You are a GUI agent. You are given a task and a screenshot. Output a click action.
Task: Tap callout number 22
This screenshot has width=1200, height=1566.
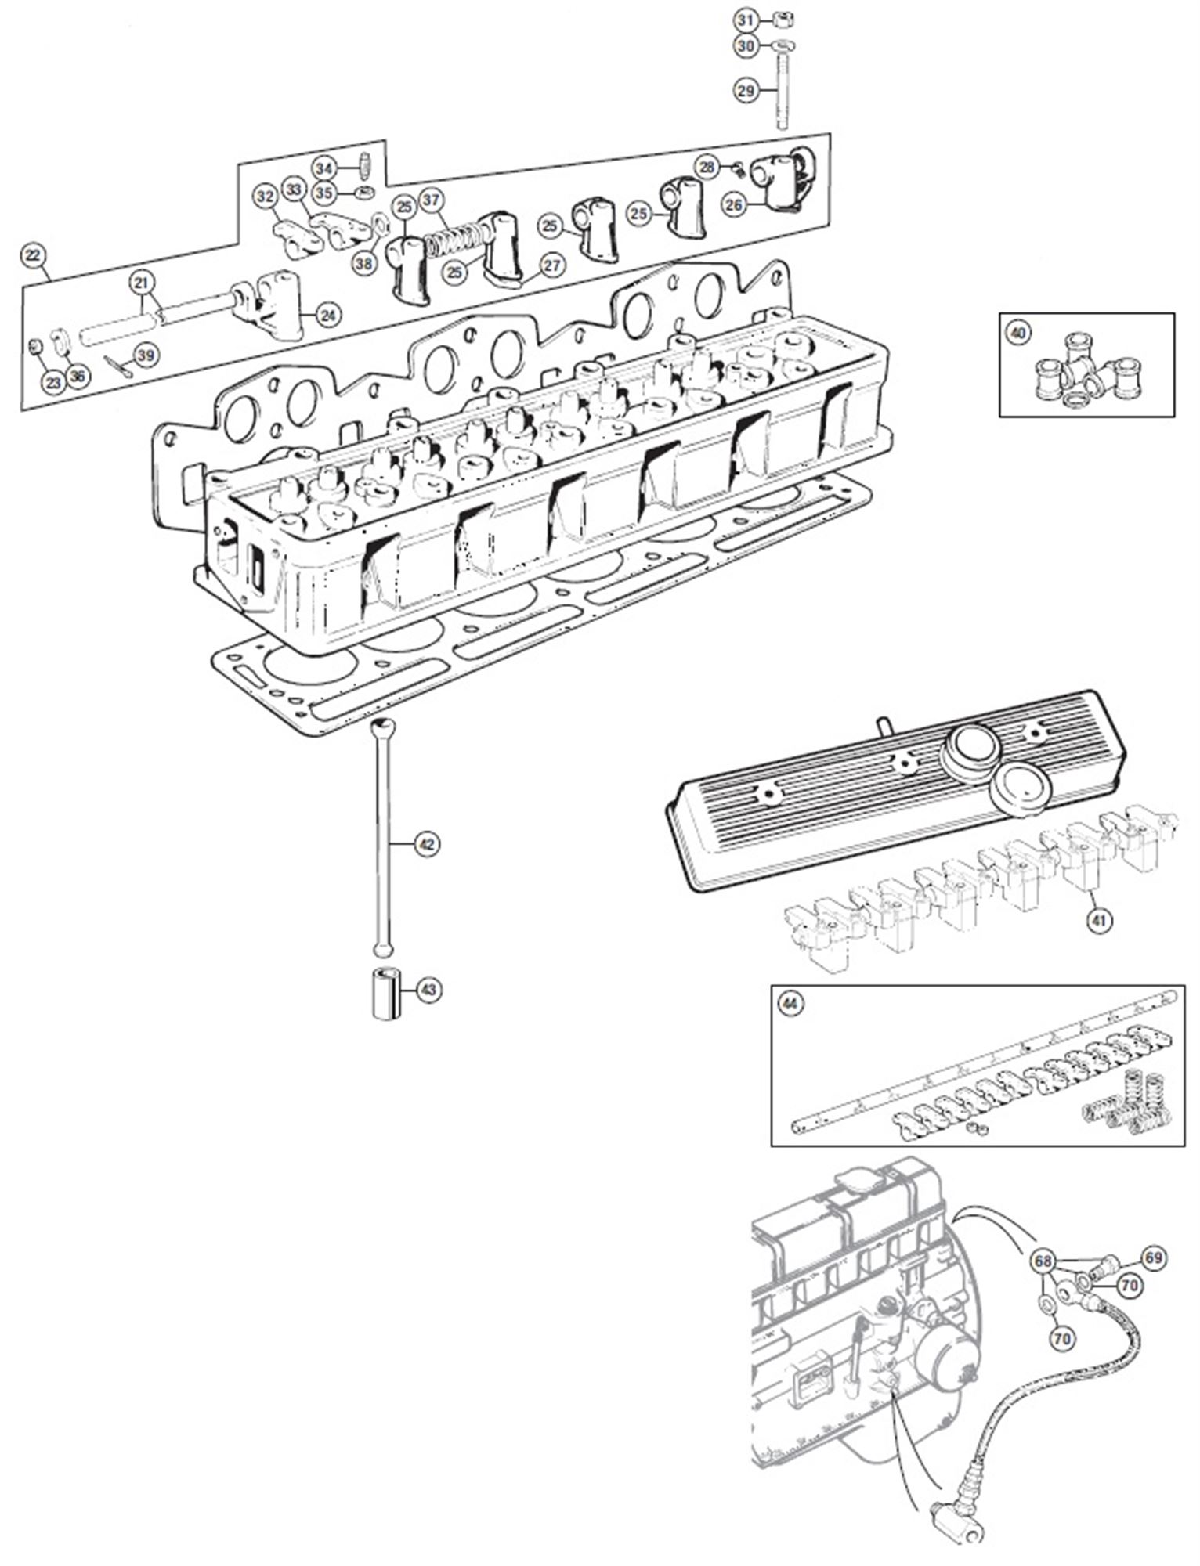point(34,255)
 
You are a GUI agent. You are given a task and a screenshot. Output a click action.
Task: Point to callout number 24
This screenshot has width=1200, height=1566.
point(329,315)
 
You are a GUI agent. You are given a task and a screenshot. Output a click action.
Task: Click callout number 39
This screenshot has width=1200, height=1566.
point(146,355)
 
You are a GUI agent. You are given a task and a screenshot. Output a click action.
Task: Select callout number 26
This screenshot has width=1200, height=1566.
point(734,206)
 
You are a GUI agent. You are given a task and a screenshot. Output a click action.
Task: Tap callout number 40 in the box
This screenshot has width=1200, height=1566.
point(1017,334)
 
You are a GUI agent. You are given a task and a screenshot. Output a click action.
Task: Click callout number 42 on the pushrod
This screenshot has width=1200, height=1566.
point(426,844)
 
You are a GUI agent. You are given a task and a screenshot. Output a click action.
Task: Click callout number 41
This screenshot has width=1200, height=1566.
point(1099,922)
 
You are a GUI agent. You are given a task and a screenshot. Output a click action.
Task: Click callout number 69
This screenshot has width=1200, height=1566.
point(1153,1257)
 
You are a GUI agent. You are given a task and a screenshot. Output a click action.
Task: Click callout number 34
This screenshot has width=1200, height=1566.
point(324,168)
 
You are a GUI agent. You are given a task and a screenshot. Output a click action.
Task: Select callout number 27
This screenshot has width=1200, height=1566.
point(552,265)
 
